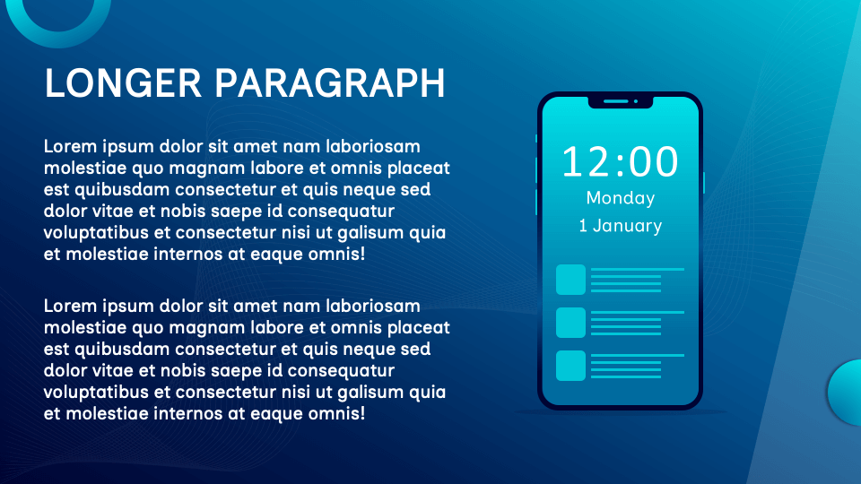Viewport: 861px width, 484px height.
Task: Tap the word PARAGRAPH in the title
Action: pos(330,83)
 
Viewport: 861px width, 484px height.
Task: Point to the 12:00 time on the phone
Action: pos(620,162)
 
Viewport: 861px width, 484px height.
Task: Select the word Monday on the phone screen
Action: pos(620,198)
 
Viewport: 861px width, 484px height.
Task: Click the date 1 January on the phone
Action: pos(620,226)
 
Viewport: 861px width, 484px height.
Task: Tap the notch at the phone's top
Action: pos(620,101)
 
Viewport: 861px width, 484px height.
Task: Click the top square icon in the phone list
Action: pos(570,280)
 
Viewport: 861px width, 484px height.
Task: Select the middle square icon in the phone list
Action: pos(570,323)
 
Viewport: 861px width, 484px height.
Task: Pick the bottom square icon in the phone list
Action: pos(570,366)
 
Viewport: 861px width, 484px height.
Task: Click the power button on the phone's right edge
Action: pos(704,182)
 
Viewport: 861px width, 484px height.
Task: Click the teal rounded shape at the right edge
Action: pos(846,392)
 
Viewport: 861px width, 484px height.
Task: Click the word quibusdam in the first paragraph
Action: pos(125,190)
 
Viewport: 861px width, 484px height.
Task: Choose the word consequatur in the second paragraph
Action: pos(344,371)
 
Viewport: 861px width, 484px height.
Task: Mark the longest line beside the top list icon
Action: pos(637,269)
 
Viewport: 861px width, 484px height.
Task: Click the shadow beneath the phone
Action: pos(620,412)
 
